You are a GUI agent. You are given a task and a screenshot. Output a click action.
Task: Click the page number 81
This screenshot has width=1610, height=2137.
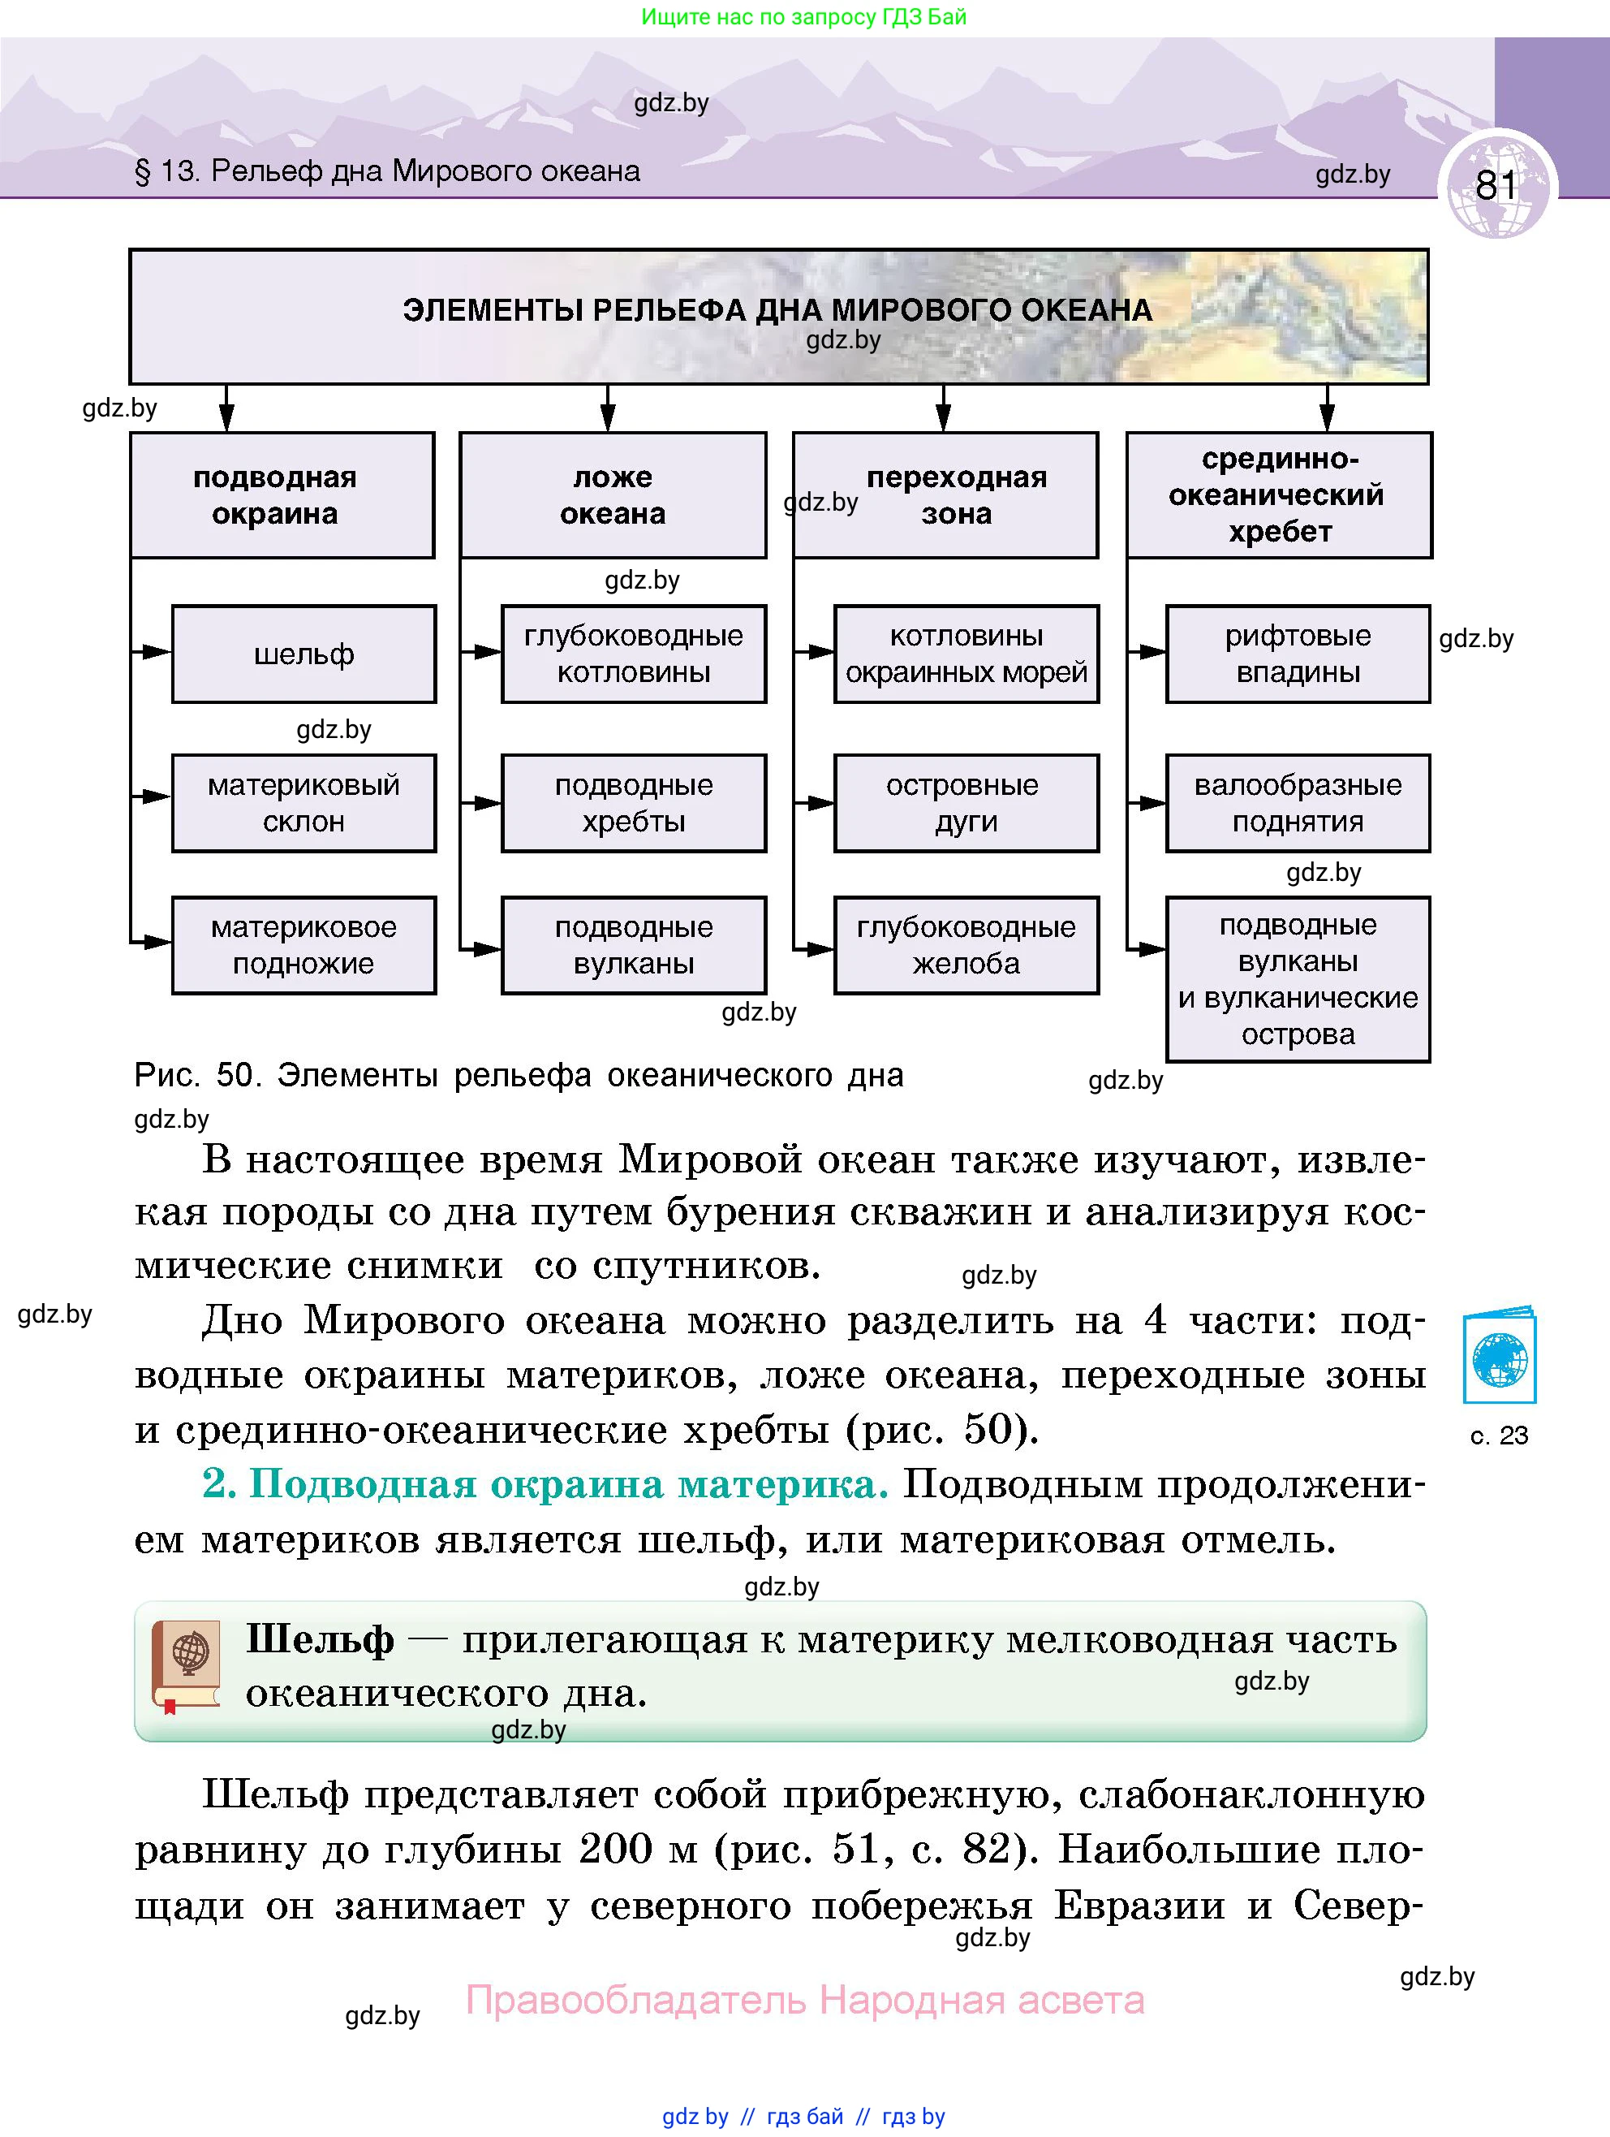(x=1496, y=184)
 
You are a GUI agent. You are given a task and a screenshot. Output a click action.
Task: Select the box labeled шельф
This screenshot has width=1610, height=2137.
(x=303, y=654)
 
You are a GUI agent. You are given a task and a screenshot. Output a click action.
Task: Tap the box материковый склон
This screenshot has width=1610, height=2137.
(x=303, y=803)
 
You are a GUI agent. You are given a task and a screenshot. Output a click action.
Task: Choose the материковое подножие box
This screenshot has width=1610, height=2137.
(x=303, y=945)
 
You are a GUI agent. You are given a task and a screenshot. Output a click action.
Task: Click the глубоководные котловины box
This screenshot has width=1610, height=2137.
(x=634, y=654)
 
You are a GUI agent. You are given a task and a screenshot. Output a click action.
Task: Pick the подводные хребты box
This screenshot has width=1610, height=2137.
(x=634, y=803)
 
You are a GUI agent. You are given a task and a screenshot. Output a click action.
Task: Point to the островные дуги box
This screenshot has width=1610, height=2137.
(x=966, y=803)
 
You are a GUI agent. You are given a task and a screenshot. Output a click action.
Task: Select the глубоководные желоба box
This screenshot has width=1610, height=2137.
(x=966, y=945)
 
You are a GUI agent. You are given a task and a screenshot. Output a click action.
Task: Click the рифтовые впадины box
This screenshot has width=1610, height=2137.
(x=1297, y=654)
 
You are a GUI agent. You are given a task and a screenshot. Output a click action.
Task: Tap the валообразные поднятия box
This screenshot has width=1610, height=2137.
(x=1297, y=803)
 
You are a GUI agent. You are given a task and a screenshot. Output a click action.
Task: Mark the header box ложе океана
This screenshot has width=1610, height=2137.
(x=613, y=494)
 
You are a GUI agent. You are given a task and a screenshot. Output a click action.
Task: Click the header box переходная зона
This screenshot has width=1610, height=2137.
(x=946, y=494)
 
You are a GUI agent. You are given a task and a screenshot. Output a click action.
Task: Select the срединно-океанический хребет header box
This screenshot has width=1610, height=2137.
(x=1279, y=494)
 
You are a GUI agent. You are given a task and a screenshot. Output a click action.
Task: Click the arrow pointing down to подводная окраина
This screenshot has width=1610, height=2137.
(x=226, y=410)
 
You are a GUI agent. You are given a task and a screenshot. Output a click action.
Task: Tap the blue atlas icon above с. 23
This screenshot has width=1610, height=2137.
(x=1499, y=1358)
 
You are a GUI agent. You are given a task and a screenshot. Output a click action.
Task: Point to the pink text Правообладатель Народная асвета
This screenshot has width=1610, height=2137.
(x=804, y=2000)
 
